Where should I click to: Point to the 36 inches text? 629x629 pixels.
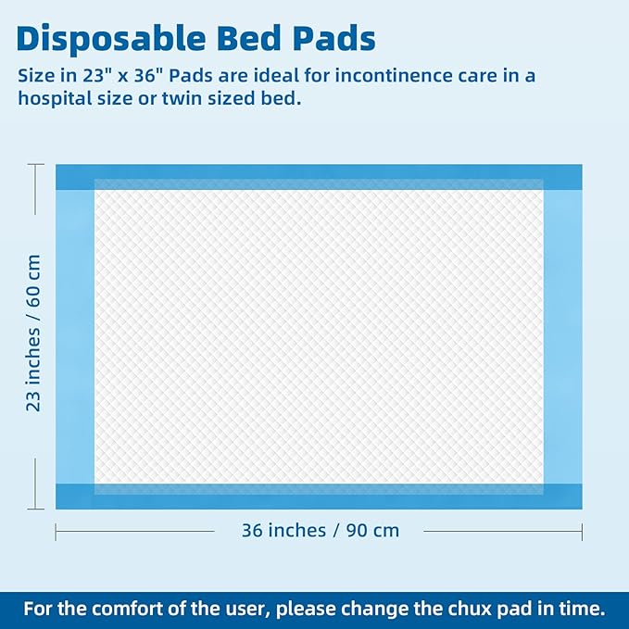click(283, 531)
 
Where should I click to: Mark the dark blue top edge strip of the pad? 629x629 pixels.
click(319, 172)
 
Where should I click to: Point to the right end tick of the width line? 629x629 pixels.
click(582, 531)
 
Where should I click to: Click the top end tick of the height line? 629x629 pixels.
click(35, 165)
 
